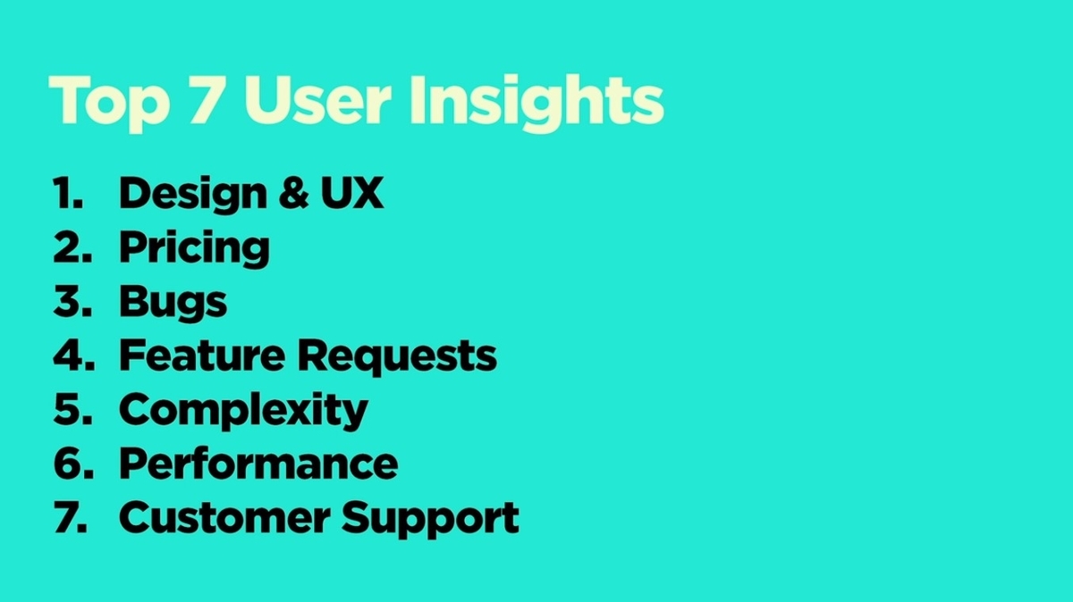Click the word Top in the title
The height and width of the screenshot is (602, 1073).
(x=109, y=104)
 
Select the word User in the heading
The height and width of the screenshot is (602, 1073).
(x=318, y=100)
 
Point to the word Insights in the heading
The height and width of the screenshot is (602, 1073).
(x=536, y=103)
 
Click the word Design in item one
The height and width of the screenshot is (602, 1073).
(x=193, y=195)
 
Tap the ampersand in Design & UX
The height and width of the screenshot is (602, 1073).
(x=294, y=192)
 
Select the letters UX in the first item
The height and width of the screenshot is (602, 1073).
(x=352, y=192)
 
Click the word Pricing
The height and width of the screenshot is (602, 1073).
(x=194, y=248)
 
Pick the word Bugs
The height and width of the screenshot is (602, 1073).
(x=173, y=303)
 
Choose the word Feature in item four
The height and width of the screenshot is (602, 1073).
(x=202, y=355)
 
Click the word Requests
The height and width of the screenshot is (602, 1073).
(x=397, y=357)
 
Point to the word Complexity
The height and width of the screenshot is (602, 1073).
(x=243, y=412)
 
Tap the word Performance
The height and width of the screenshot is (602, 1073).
(x=258, y=464)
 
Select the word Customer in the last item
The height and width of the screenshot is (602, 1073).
(x=224, y=518)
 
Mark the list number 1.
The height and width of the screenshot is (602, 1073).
(x=68, y=192)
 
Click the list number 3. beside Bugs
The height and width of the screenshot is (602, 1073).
(x=72, y=301)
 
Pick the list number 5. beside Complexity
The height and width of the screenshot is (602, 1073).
(x=72, y=409)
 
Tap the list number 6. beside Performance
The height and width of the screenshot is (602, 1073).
(x=73, y=464)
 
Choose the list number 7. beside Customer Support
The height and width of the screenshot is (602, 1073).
(x=71, y=517)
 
